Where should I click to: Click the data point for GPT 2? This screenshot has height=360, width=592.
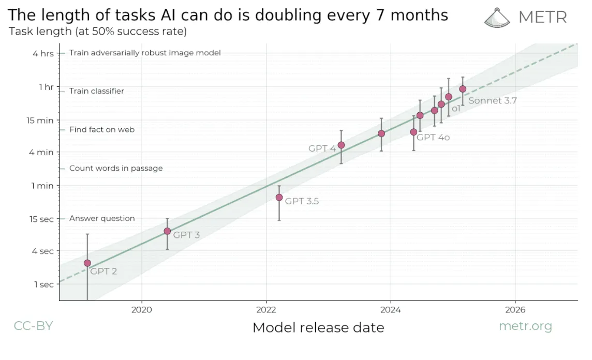[87, 263]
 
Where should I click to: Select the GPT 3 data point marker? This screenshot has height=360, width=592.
[167, 231]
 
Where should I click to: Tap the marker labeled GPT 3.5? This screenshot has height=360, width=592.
[279, 198]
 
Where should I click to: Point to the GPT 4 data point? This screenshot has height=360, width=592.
[341, 145]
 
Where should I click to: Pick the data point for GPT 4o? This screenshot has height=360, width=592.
[413, 132]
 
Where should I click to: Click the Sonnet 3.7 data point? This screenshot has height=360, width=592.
[463, 89]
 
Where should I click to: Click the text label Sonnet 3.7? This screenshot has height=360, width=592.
[492, 101]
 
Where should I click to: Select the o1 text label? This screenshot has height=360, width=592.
[456, 109]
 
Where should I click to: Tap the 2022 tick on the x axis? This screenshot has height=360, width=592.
[266, 310]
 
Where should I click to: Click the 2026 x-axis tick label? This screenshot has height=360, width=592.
[515, 310]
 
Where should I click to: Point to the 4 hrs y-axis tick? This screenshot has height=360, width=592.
[43, 53]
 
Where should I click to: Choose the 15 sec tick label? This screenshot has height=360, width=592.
[41, 219]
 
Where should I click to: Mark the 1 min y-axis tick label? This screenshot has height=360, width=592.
[42, 186]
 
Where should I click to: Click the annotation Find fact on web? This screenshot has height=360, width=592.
[101, 130]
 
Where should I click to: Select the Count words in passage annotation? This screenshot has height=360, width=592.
[116, 168]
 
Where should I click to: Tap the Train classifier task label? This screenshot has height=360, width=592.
[96, 91]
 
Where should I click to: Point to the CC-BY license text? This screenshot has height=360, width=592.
[33, 326]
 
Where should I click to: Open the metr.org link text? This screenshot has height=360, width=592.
[525, 326]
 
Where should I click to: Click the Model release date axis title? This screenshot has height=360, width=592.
[318, 327]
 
